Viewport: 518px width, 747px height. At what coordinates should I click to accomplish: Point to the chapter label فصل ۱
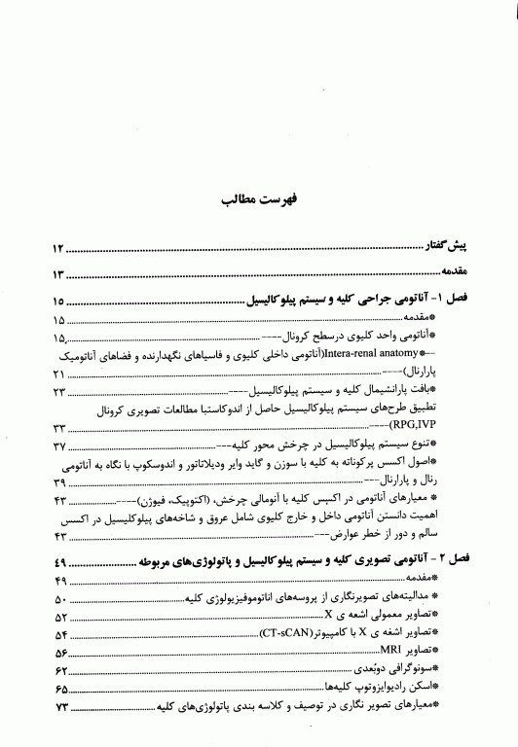452,302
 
